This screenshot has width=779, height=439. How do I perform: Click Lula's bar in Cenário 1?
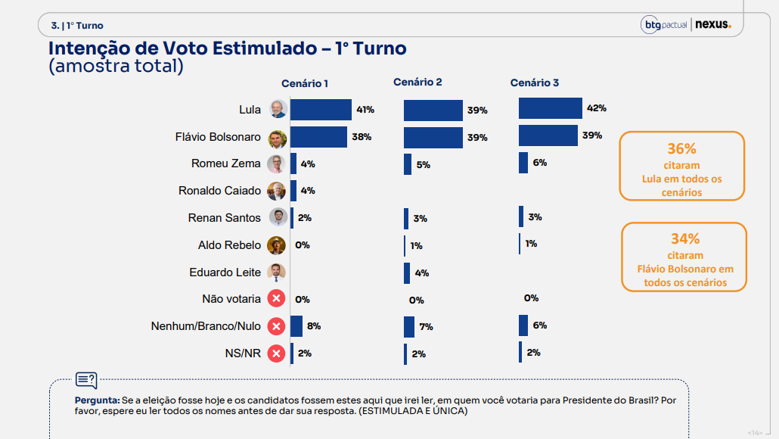pyautogui.click(x=321, y=110)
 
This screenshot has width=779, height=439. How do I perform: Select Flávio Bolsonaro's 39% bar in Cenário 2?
pyautogui.click(x=433, y=138)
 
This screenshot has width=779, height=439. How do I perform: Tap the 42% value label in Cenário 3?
pyautogui.click(x=596, y=108)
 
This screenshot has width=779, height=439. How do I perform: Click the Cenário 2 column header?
pyautogui.click(x=417, y=82)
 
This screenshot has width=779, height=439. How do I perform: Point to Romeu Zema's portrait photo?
pyautogui.click(x=278, y=163)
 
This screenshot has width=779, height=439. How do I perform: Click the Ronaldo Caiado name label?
pyautogui.click(x=219, y=191)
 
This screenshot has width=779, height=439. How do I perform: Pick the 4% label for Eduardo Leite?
pyautogui.click(x=421, y=273)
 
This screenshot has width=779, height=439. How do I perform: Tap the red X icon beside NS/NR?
pyautogui.click(x=277, y=353)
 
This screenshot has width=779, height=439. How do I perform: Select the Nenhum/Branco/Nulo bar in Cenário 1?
pyautogui.click(x=296, y=326)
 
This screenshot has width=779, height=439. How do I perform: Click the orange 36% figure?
pyautogui.click(x=681, y=149)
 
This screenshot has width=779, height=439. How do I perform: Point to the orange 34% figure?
pyautogui.click(x=684, y=239)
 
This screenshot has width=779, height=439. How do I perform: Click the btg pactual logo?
pyautogui.click(x=665, y=25)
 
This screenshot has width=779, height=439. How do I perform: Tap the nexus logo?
pyautogui.click(x=713, y=25)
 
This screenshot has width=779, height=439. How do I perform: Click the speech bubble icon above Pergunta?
pyautogui.click(x=85, y=380)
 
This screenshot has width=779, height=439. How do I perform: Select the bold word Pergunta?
pyautogui.click(x=96, y=400)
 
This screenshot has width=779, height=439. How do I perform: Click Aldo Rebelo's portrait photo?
pyautogui.click(x=277, y=245)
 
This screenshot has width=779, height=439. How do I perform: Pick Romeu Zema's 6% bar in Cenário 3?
pyautogui.click(x=523, y=163)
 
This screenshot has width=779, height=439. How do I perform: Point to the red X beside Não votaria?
pyautogui.click(x=277, y=299)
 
